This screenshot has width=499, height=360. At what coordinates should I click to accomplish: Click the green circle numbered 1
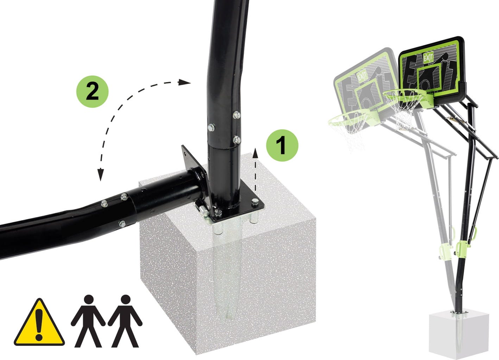tap(282, 145)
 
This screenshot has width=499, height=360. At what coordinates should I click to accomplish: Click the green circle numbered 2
tap(92, 91)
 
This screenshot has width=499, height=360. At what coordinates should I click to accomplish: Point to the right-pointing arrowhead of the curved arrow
tap(184, 82)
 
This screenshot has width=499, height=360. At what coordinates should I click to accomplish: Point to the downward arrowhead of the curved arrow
tap(101, 175)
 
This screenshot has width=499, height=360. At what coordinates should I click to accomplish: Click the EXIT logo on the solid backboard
tap(428, 57)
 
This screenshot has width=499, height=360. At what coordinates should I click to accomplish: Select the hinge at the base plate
tap(202, 209)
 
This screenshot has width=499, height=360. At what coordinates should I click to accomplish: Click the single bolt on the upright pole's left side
tap(211, 128)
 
